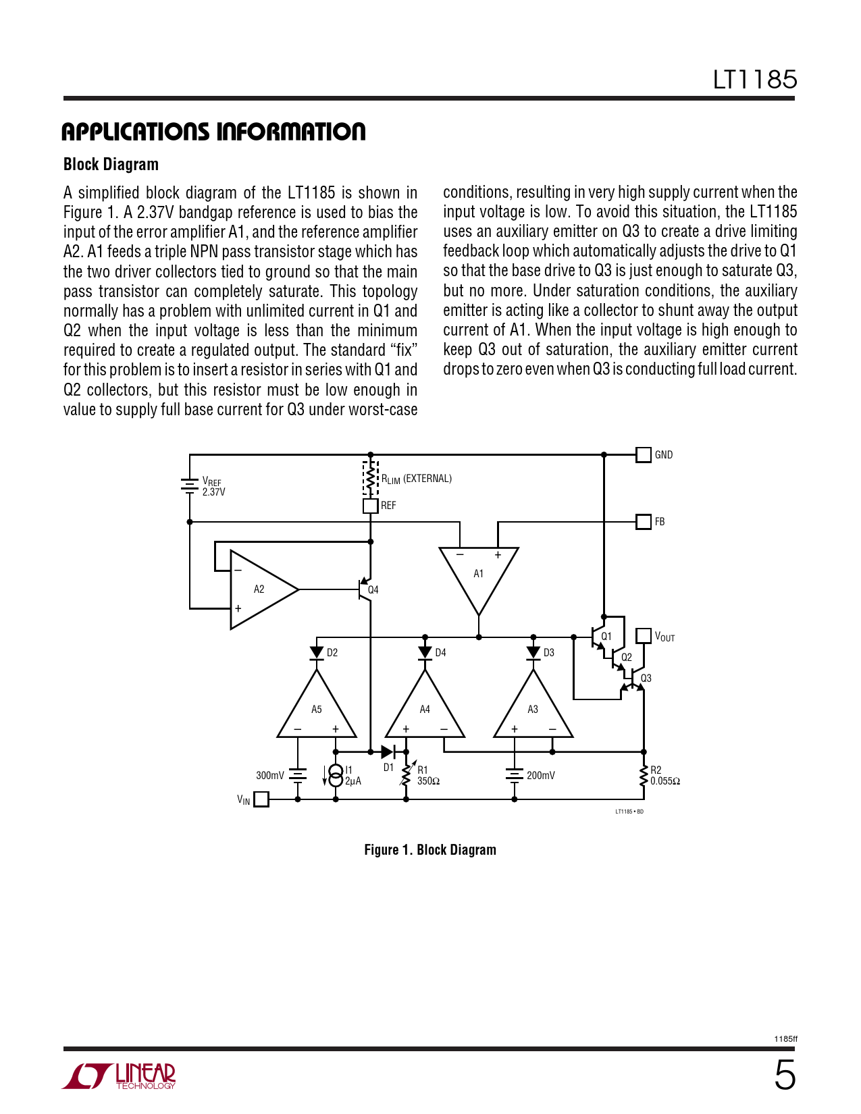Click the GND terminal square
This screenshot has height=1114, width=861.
point(644,454)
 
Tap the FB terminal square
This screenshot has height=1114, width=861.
point(644,521)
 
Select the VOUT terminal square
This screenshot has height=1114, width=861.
point(644,636)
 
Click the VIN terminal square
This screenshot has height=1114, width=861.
point(261,799)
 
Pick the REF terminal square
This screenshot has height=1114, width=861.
point(370,506)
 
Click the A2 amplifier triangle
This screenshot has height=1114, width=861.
point(260,589)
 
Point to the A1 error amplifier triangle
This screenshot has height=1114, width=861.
point(479,574)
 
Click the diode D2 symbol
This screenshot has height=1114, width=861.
point(317,653)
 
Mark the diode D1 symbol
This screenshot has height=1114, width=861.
point(388,751)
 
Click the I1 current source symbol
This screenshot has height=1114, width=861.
point(336,775)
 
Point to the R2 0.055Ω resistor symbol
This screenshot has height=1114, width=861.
point(644,776)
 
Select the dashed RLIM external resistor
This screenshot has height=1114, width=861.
point(370,479)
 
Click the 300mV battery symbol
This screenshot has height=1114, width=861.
point(298,775)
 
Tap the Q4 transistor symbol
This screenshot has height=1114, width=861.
point(365,589)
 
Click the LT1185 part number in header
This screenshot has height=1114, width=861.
point(755,80)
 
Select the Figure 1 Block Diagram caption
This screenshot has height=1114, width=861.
point(430,850)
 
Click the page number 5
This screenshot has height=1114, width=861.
point(784,1075)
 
